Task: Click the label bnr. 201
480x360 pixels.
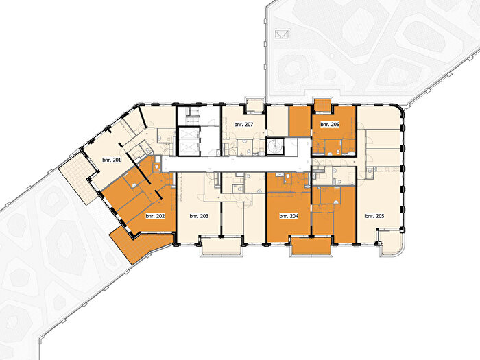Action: coord(112,160)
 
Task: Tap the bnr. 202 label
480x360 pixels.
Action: coord(155,216)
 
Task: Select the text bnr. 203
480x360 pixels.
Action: coord(199,216)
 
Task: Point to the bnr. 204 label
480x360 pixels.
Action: coord(289,216)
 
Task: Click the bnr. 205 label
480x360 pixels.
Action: coord(374,216)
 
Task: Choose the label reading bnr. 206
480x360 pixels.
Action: coord(330,125)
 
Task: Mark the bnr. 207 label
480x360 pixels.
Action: coord(243,125)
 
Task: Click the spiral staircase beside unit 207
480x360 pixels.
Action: coord(276,146)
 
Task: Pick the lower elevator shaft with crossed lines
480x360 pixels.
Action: coord(189,148)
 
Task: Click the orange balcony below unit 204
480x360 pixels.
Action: coord(311,245)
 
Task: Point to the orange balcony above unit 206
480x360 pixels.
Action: coord(322,105)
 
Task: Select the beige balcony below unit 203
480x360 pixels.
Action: coord(220,246)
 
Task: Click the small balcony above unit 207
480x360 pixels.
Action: coord(255,106)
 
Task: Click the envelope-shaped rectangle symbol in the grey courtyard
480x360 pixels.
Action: coord(282,34)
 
